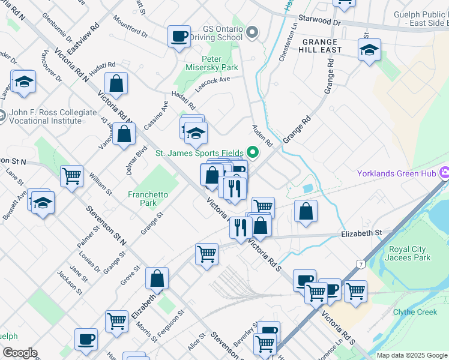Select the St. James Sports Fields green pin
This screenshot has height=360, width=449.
tap(253, 154)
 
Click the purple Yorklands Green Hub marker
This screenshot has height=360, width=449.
tap(444, 173)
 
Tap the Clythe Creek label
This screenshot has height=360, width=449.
tap(415, 312)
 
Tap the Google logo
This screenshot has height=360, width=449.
tap(19, 353)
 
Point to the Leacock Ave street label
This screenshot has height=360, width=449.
tap(216, 80)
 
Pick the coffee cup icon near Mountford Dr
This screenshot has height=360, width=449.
tap(179, 36)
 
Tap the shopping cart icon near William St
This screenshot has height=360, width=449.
tap(71, 176)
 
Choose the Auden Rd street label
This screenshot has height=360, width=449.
tap(262, 136)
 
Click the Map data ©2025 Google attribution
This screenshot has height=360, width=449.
tap(411, 355)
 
